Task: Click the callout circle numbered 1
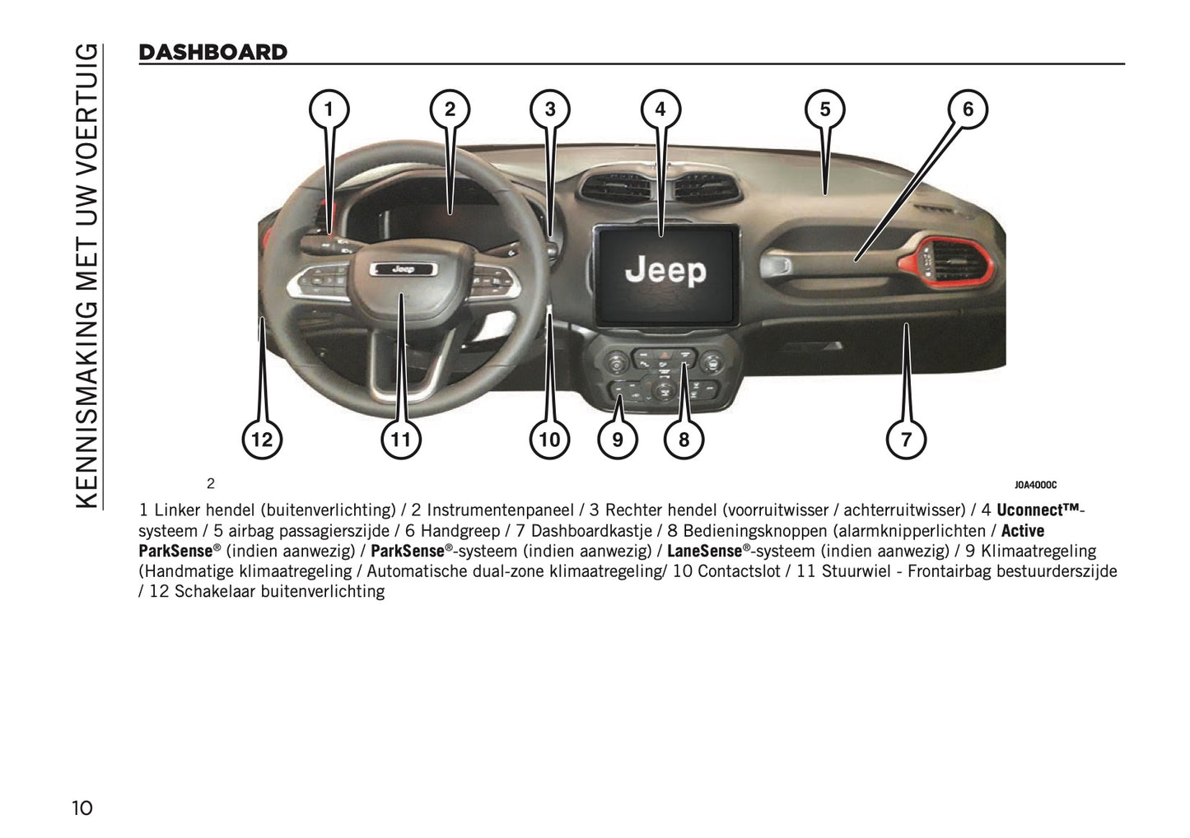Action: pos(329,109)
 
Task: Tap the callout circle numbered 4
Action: pos(660,109)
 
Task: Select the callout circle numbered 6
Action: pos(968,109)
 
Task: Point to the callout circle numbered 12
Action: pos(262,440)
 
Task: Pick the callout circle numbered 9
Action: pos(618,440)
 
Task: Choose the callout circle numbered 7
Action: pos(906,440)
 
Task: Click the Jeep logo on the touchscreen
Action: pos(665,271)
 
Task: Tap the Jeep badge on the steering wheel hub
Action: pos(404,269)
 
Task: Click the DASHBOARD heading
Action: pos(213,52)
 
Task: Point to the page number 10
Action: pos(82,808)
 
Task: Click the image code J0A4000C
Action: pos(1035,485)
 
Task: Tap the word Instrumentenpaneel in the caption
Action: pos(501,510)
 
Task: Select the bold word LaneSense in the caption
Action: pos(704,551)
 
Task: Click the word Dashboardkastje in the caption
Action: pos(591,530)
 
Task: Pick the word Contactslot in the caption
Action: pos(739,571)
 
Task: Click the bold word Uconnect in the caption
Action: pos(1030,510)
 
